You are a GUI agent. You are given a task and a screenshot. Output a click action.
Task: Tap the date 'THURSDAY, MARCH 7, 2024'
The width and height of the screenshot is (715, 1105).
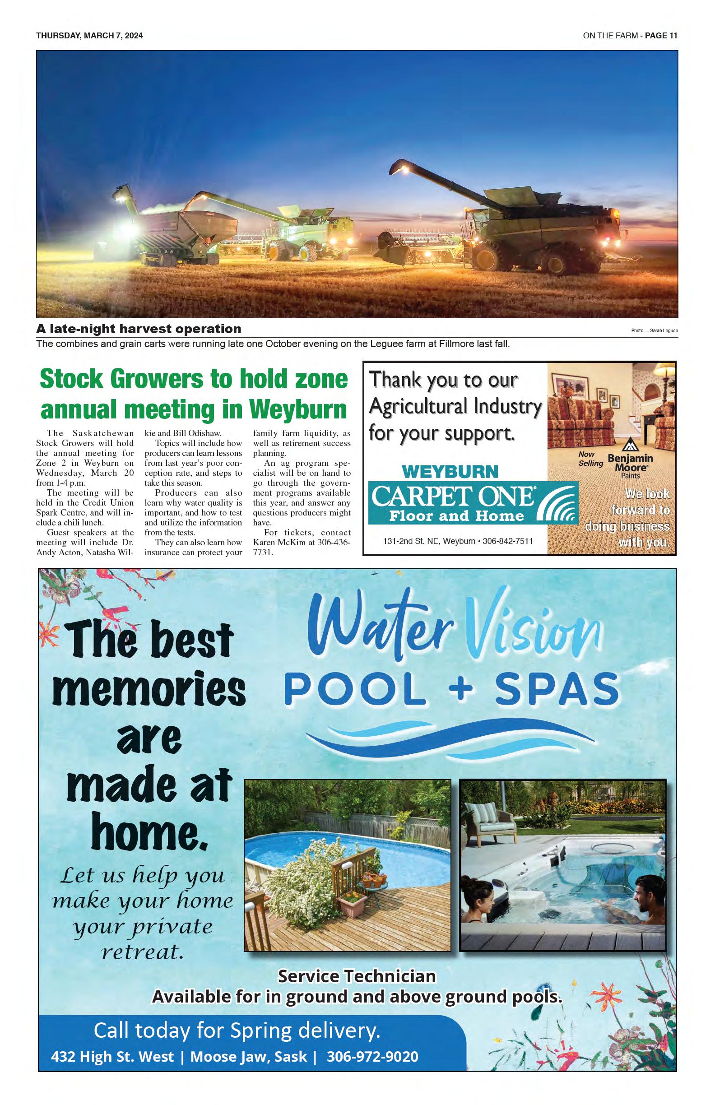click(90, 36)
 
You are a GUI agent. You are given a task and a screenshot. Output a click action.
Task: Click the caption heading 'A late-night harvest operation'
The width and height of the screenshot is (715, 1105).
click(139, 329)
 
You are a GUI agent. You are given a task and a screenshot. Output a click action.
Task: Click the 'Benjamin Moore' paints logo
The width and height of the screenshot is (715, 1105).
click(630, 462)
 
